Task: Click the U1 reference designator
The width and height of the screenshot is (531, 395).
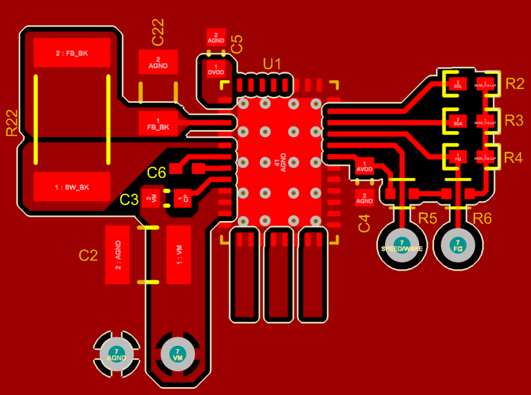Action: point(272,64)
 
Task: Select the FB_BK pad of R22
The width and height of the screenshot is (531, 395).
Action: point(72,53)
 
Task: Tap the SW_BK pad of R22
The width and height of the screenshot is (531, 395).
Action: point(72,187)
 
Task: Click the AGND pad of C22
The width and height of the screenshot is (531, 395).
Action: point(158,62)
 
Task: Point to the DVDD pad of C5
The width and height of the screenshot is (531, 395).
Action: point(216,70)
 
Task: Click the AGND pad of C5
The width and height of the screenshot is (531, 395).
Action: point(216,38)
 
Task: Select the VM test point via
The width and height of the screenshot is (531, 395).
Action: point(178,354)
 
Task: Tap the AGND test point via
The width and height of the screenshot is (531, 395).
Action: point(116,354)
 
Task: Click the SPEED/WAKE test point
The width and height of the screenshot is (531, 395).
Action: point(402,245)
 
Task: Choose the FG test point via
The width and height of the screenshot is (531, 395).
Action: point(458,245)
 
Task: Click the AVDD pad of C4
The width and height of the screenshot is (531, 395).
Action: point(364,166)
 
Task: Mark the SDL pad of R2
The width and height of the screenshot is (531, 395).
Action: point(458,84)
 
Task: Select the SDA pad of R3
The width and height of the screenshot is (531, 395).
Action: point(458,121)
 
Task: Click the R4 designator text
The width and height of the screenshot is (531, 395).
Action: point(513,158)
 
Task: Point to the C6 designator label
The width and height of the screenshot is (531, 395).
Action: point(156,173)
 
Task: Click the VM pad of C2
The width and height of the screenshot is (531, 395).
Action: point(179,255)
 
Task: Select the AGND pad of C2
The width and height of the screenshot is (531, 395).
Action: point(118,255)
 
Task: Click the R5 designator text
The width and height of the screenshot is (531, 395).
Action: point(427,218)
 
